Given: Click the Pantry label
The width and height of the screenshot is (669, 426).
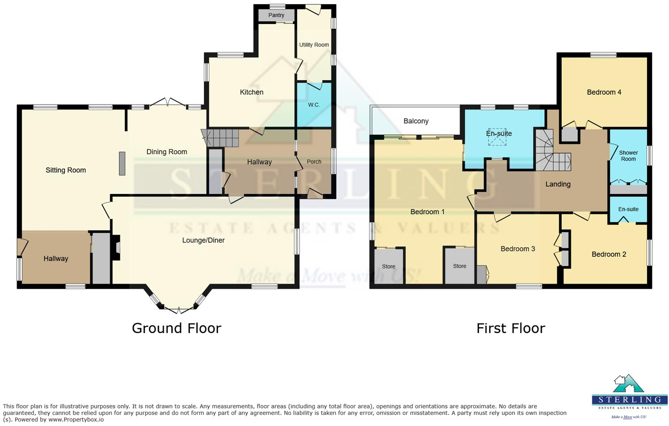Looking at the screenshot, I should click(x=276, y=15).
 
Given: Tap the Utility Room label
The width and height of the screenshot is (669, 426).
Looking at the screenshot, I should click(x=314, y=45).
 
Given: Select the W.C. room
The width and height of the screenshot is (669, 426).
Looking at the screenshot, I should click(x=314, y=105).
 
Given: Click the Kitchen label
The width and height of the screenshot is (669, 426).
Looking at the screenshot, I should click(x=252, y=92).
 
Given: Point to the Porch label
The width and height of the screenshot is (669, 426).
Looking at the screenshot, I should click(x=314, y=162).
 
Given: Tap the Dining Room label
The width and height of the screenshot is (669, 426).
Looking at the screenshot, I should click(x=167, y=152).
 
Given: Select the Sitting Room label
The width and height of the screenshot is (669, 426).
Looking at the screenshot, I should click(x=66, y=170).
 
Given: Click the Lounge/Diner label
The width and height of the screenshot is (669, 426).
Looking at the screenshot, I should click(x=203, y=240).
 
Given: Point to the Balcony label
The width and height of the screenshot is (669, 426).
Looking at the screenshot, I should click(x=416, y=121).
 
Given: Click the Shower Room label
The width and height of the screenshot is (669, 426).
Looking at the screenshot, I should click(x=628, y=156).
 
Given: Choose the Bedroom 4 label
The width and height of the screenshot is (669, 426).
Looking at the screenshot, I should click(x=604, y=93).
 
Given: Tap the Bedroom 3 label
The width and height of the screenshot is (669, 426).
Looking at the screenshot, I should click(x=518, y=249).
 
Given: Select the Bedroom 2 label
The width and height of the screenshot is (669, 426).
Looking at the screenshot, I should click(x=609, y=254).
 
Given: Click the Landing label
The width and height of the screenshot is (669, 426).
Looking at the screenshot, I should click(x=558, y=184).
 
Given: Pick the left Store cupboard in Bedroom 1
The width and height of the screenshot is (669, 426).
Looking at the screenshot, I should click(x=388, y=266).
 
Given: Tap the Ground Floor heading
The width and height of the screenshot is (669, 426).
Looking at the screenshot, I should click(x=177, y=328).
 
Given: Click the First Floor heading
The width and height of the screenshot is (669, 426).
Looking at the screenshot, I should click(x=510, y=328).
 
